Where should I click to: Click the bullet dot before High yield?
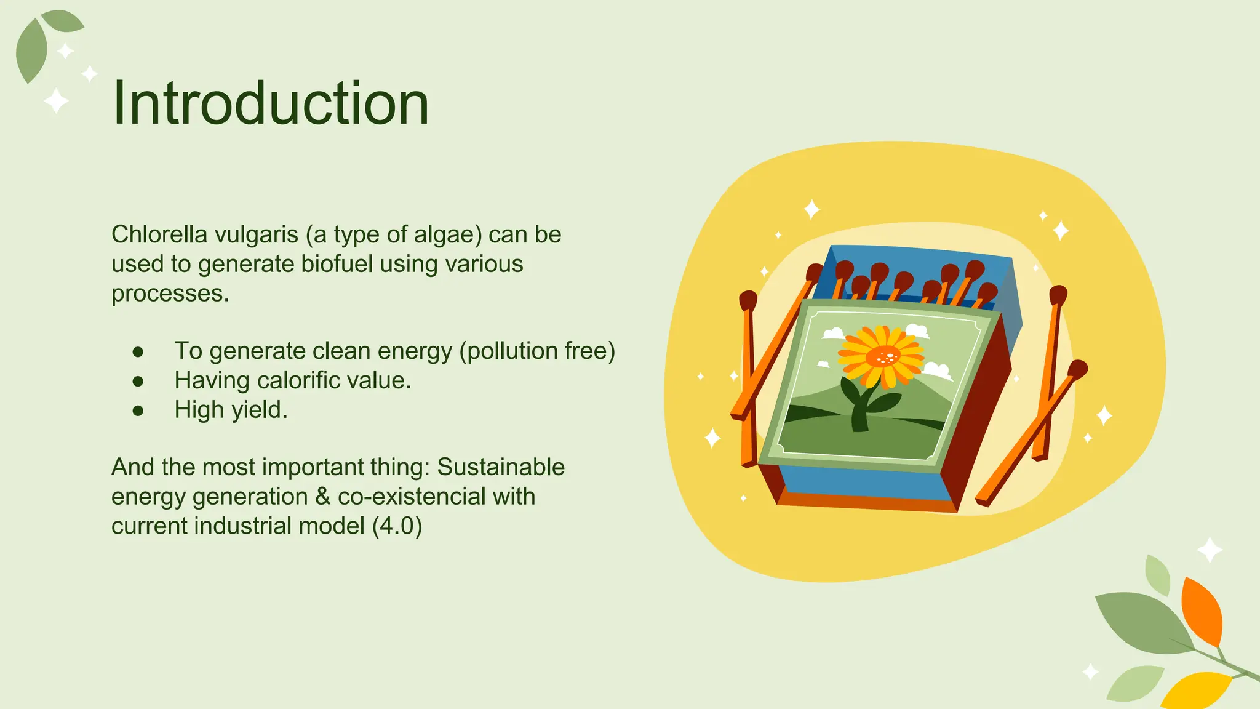(138, 411)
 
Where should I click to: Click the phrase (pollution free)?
(537, 351)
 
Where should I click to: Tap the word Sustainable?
(500, 467)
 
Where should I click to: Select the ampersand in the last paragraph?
(322, 497)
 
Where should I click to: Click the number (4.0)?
(397, 526)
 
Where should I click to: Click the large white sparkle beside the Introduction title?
(56, 101)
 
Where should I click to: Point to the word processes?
(170, 294)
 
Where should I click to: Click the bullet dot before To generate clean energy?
(138, 351)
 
